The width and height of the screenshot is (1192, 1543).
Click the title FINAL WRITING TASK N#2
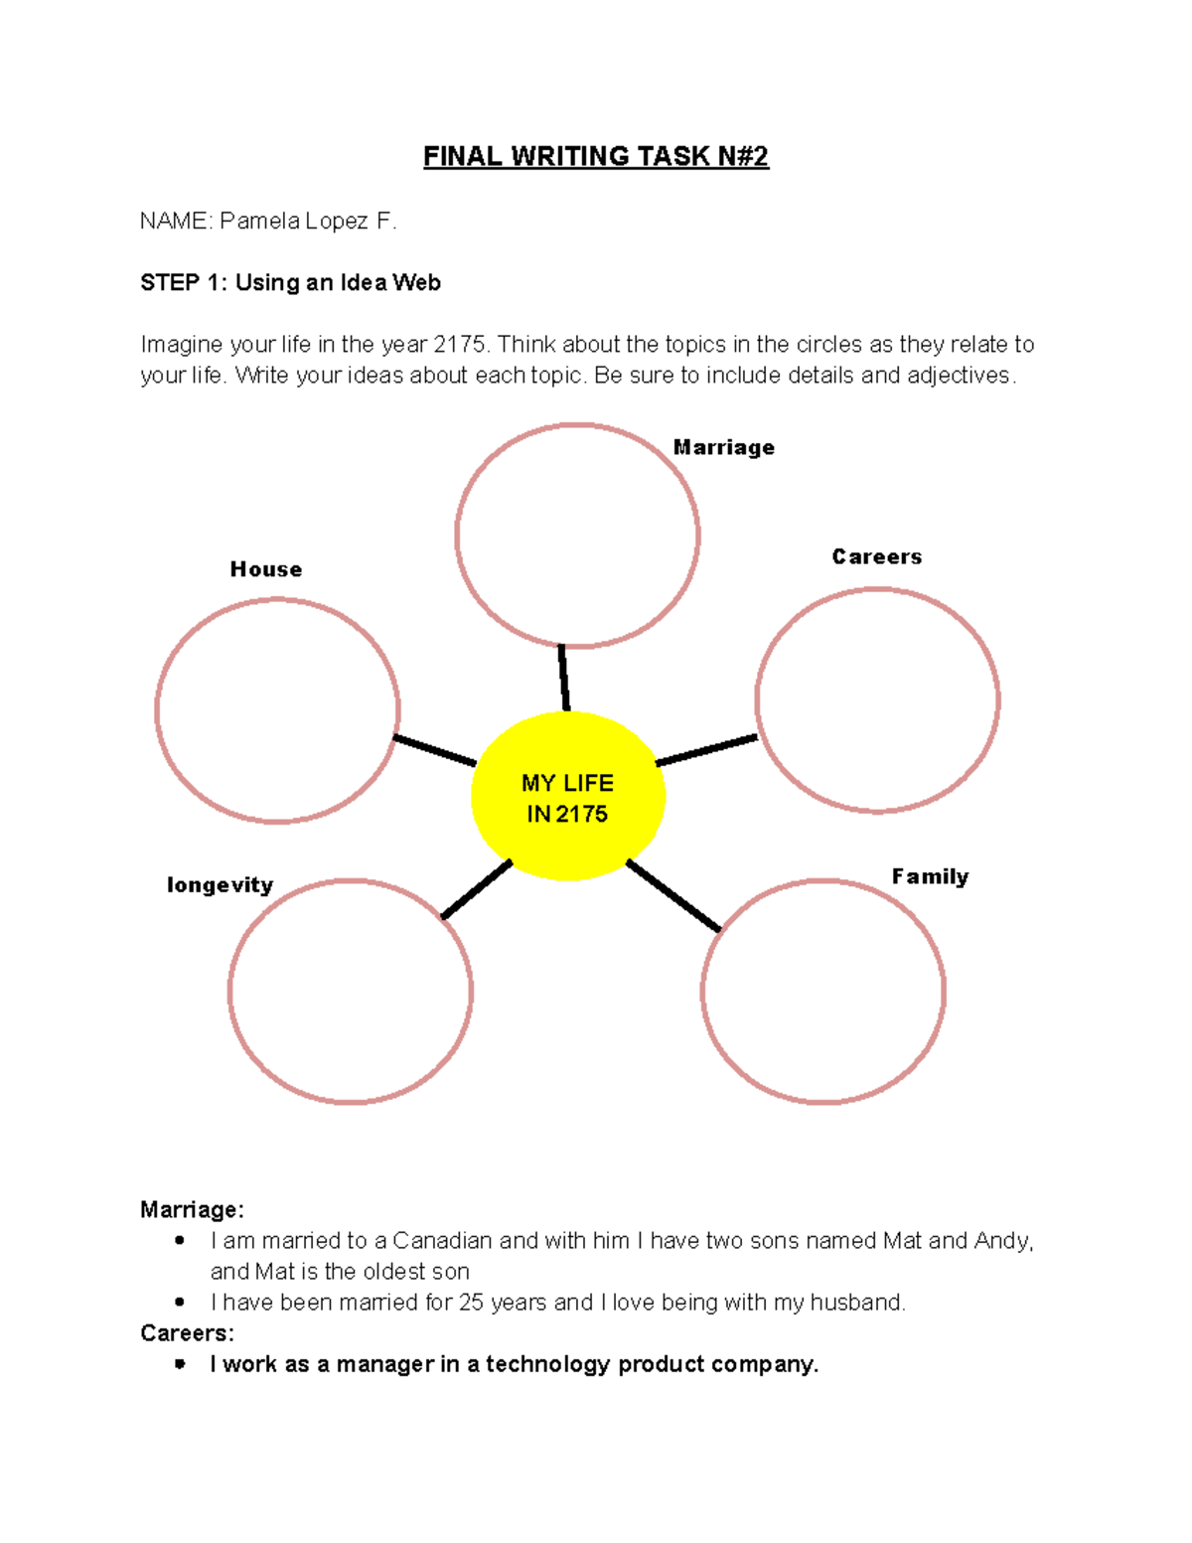click(x=596, y=157)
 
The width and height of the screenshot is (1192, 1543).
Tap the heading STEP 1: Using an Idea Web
click(x=290, y=283)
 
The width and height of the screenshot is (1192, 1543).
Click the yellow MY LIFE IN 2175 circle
click(x=567, y=797)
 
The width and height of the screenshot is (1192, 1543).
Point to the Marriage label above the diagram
click(x=723, y=448)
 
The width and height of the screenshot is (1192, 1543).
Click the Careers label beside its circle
click(x=876, y=557)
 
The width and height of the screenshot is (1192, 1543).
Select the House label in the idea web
click(x=266, y=569)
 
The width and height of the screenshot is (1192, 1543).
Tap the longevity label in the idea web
click(x=220, y=885)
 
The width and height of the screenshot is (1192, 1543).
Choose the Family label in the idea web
click(x=930, y=876)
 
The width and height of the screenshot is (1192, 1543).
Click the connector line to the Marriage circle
click(x=563, y=679)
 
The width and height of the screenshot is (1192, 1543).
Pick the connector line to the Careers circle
click(x=706, y=750)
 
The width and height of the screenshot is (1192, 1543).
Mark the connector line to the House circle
click(x=435, y=751)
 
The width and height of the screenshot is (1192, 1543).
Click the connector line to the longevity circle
click(x=476, y=889)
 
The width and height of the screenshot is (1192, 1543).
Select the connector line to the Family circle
click(x=673, y=895)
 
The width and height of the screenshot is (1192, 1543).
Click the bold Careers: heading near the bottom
click(x=187, y=1333)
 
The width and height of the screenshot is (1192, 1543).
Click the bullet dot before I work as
click(x=180, y=1364)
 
